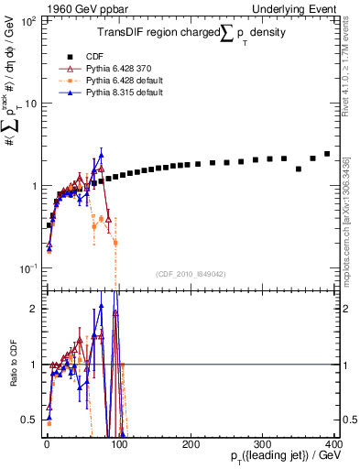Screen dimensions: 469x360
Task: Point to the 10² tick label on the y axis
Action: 27,20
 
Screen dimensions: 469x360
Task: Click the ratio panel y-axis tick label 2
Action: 31,309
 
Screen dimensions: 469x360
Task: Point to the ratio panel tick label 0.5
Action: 27,420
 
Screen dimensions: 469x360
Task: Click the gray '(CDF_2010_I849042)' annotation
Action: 191,274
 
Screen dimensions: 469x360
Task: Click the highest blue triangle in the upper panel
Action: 101,154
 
